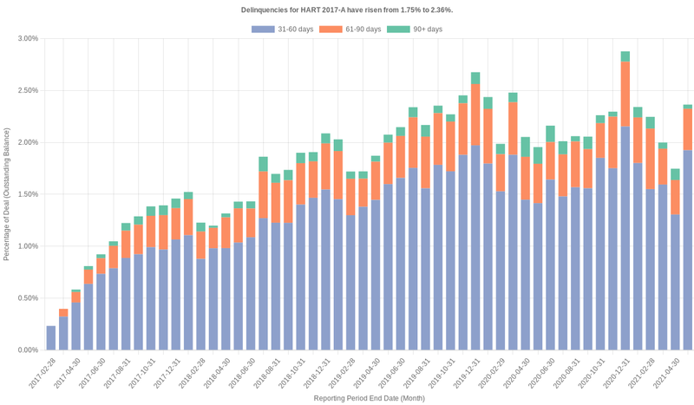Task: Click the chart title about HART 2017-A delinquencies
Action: pos(347,10)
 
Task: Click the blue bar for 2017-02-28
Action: pos(51,338)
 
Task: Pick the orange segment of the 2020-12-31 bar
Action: pos(625,95)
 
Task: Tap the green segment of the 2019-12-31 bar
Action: pos(475,78)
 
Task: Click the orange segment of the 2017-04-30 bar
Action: pos(75,297)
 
